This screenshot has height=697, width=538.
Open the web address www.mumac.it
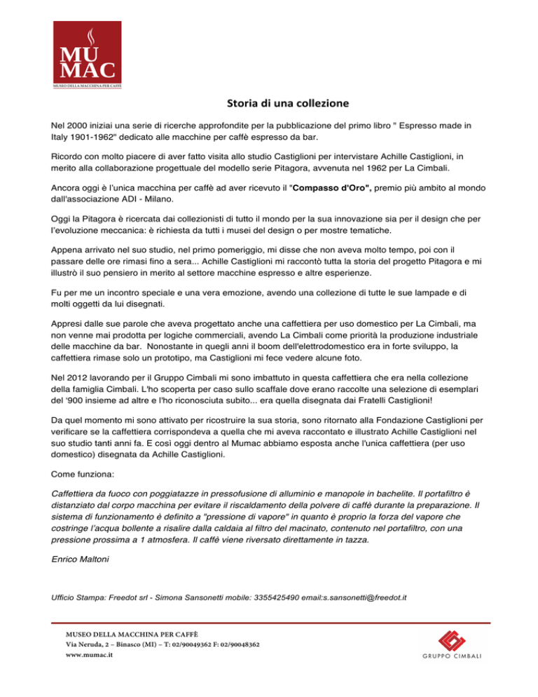[x=90, y=655]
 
